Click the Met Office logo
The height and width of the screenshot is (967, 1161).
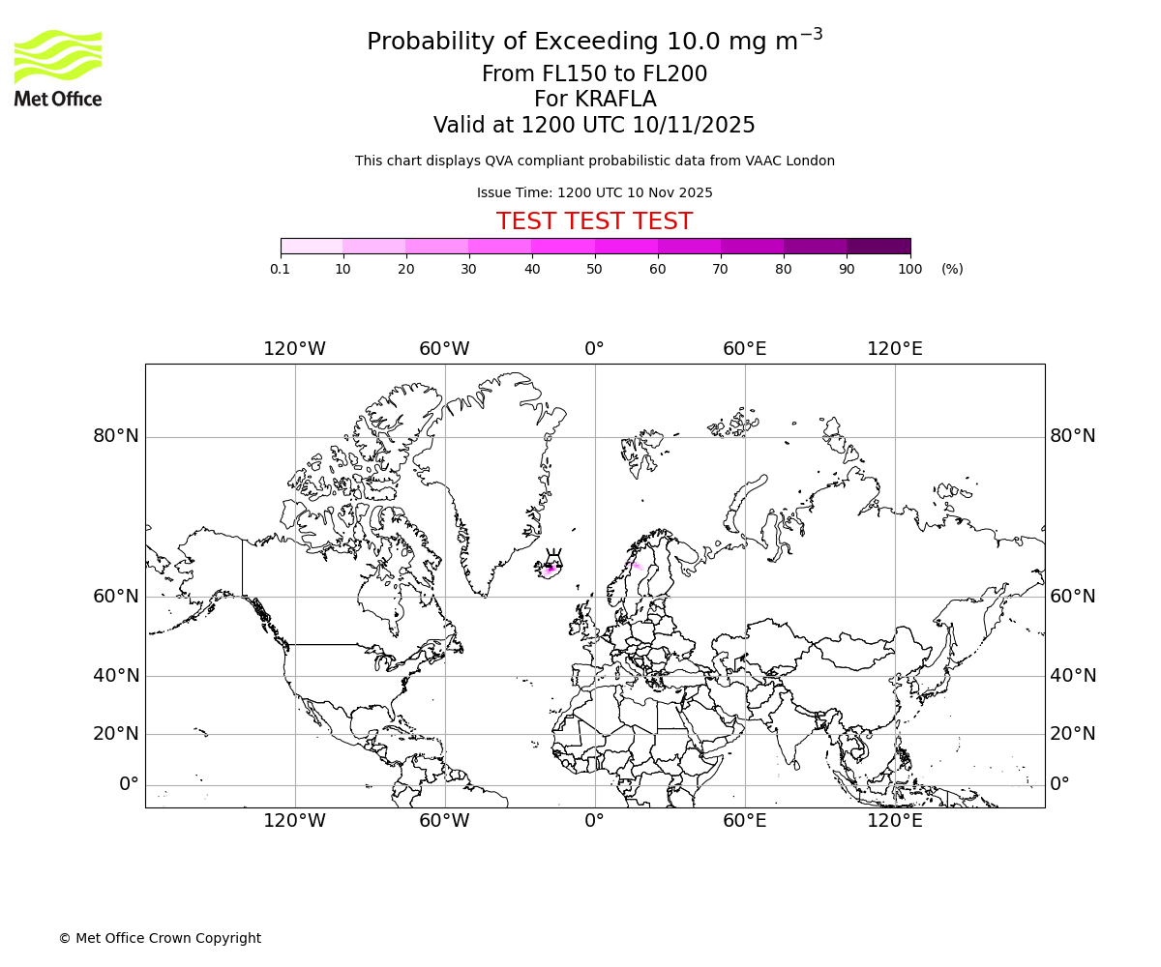58,68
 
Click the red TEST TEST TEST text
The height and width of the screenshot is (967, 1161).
594,221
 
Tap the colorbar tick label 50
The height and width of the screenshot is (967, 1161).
594,269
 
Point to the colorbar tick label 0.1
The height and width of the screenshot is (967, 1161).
280,269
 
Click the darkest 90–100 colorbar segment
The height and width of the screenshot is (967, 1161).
878,247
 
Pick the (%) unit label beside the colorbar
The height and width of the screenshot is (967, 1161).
952,269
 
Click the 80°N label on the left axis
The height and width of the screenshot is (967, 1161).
116,436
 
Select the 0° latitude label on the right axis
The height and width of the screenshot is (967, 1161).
1060,783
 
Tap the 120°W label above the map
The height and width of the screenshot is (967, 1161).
294,349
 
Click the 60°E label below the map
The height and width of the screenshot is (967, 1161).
744,821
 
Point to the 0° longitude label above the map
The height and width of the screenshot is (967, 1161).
594,349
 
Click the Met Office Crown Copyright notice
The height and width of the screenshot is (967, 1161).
160,938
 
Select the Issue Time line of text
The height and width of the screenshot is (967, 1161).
594,192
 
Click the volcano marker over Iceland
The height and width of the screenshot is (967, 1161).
553,557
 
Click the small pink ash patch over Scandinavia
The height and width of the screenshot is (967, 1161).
633,566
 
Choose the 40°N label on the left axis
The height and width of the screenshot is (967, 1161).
116,676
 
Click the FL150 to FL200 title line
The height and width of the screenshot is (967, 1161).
594,74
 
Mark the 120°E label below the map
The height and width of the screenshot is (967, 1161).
894,821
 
